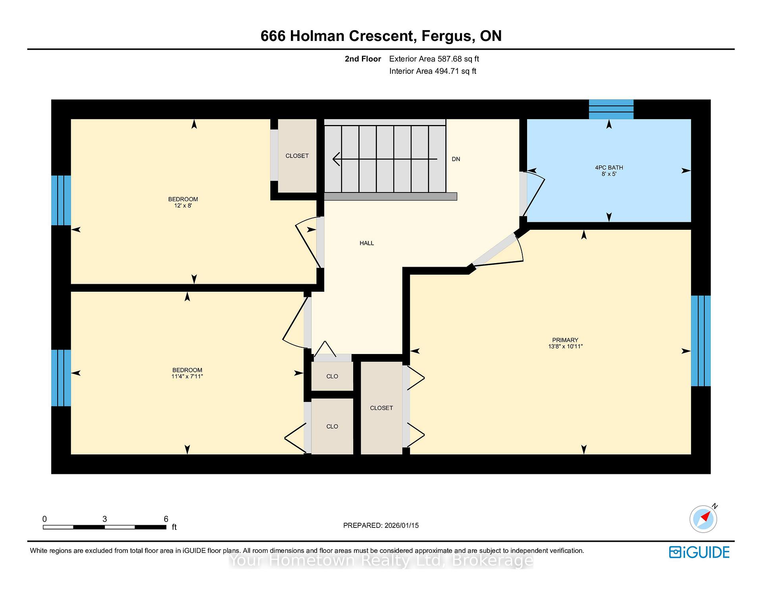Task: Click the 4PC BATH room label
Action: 609,167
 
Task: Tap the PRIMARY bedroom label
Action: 565,340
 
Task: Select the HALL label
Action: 367,243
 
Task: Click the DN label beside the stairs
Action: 456,159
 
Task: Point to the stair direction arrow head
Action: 336,159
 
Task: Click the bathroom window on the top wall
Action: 611,109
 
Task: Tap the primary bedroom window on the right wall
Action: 700,341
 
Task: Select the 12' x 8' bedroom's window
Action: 61,200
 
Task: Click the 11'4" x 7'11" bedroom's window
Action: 61,378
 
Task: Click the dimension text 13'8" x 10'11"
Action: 565,346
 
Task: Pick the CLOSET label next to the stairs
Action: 297,156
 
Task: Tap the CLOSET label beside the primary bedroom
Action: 381,408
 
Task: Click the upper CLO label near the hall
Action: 332,376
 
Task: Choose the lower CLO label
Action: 332,426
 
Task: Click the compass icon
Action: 703,518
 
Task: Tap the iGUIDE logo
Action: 699,552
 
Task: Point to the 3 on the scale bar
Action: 105,519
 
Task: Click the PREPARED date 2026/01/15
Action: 402,525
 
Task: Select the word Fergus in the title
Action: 447,36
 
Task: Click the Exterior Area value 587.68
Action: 450,59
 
